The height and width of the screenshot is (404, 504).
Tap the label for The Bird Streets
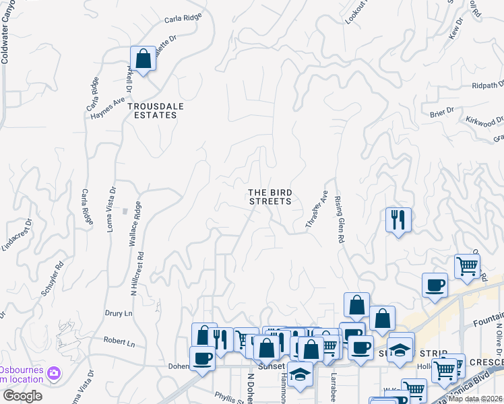point(270,197)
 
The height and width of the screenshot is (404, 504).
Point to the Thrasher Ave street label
point(316,211)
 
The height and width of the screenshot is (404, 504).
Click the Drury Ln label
point(119,314)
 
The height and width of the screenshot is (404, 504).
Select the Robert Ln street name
point(121,343)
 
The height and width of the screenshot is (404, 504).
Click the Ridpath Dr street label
point(488,86)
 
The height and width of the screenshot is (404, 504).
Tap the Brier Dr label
point(441,113)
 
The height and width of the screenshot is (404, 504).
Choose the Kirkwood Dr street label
point(484,121)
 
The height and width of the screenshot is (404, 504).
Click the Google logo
point(22,396)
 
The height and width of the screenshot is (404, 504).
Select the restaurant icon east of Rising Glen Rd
point(398,219)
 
